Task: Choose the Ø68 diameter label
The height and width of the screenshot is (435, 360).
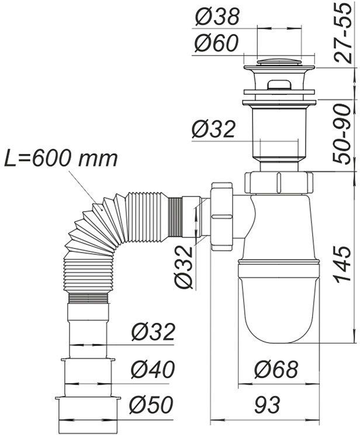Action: pyautogui.click(x=276, y=370)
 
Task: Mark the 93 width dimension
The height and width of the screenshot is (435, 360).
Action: pyautogui.click(x=267, y=405)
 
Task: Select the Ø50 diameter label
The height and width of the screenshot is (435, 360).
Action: pyautogui.click(x=153, y=405)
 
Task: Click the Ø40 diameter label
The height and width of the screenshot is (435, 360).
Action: pyautogui.click(x=153, y=370)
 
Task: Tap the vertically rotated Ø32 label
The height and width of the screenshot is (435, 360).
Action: pyautogui.click(x=183, y=265)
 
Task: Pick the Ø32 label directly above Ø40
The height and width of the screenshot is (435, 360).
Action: pyautogui.click(x=153, y=332)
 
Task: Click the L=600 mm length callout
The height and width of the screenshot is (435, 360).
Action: pyautogui.click(x=61, y=158)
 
